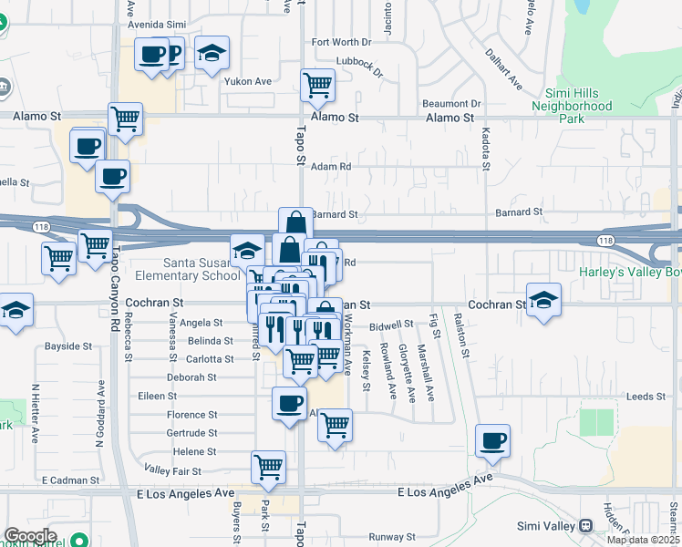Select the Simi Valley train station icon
585,526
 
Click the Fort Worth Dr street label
342,42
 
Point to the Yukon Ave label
248,81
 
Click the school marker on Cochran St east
543,302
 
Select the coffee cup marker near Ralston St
493,442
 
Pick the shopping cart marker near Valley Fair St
268,467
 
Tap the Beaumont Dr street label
450,104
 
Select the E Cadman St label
69,480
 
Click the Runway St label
392,537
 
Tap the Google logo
30,536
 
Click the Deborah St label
191,377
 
